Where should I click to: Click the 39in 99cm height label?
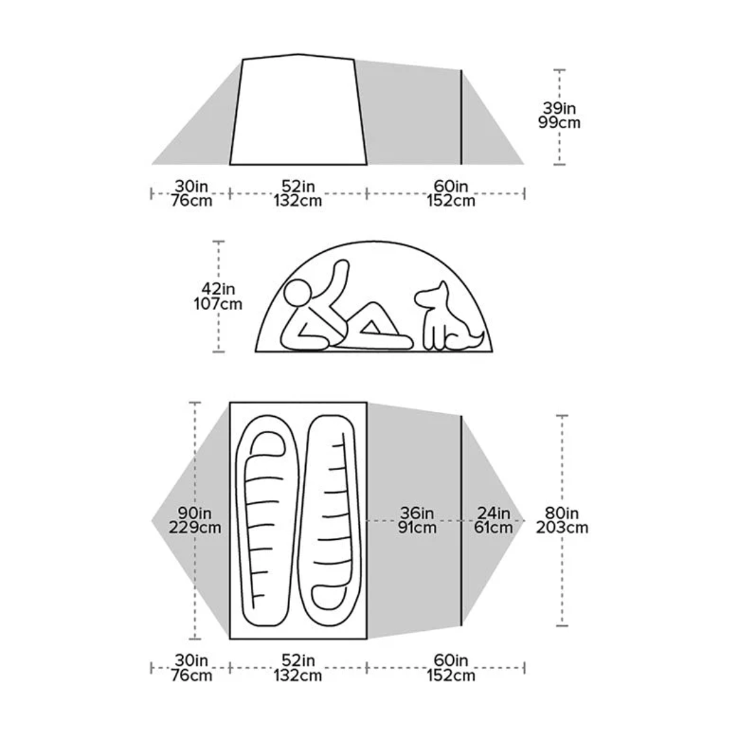(560, 116)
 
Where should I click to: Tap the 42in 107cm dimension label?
(218, 296)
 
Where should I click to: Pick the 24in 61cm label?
(493, 520)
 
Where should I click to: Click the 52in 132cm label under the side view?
(298, 193)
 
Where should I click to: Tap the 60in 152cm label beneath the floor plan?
(450, 668)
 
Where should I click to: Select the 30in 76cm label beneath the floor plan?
(192, 668)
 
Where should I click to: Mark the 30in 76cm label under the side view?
(192, 193)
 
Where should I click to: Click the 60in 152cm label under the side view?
(450, 193)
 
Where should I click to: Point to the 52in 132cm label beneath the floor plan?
(298, 668)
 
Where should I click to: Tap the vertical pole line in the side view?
(461, 116)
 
